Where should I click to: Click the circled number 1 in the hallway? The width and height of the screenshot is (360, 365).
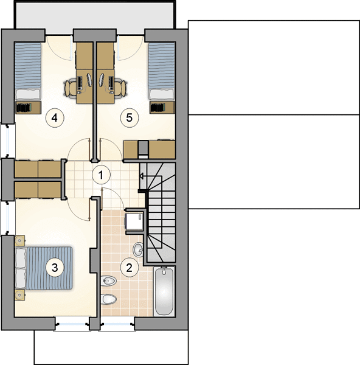click(101, 175)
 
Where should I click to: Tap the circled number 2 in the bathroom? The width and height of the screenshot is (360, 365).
click(130, 268)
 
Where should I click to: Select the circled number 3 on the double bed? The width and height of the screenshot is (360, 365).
click(55, 268)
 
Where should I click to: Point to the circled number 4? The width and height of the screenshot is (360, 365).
click(55, 118)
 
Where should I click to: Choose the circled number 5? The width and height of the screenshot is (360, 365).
click(130, 118)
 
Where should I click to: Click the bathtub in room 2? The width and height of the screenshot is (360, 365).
click(164, 291)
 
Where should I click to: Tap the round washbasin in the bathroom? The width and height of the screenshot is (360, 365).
click(139, 250)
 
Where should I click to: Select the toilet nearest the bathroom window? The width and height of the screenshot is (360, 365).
click(109, 299)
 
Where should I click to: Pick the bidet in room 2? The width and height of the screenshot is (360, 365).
click(109, 281)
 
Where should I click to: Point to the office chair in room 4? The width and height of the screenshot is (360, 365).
click(70, 88)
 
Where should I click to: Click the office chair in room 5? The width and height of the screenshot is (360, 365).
click(121, 88)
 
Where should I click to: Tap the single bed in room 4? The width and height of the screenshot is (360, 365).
click(28, 71)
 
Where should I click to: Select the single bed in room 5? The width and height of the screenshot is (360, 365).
click(162, 71)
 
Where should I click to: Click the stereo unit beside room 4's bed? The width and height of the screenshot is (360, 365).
click(28, 108)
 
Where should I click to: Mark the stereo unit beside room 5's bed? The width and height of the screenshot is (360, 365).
click(162, 108)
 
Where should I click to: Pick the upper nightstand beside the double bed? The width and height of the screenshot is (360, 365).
click(20, 241)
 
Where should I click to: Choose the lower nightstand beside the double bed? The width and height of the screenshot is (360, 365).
click(20, 295)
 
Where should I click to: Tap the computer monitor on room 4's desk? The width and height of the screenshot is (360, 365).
click(89, 80)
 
